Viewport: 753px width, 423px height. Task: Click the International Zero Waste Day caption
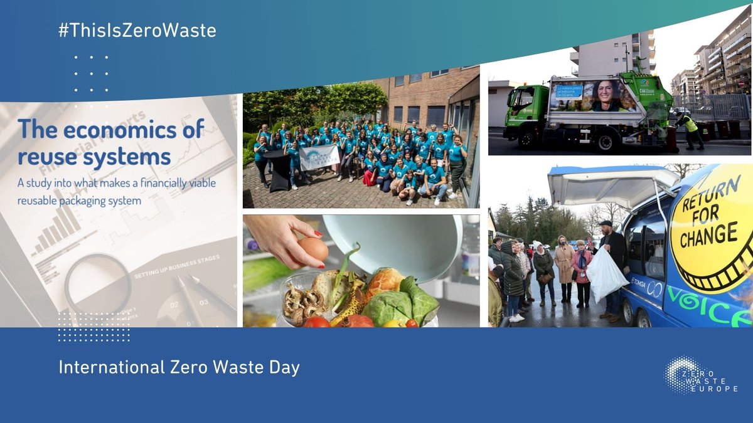(179, 367)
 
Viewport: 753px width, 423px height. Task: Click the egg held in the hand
(313, 249)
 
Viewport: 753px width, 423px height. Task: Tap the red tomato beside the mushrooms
(318, 321)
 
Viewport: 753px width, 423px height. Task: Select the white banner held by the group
(319, 158)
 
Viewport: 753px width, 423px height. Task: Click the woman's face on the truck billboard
(607, 97)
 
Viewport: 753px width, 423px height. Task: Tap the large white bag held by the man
(606, 274)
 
